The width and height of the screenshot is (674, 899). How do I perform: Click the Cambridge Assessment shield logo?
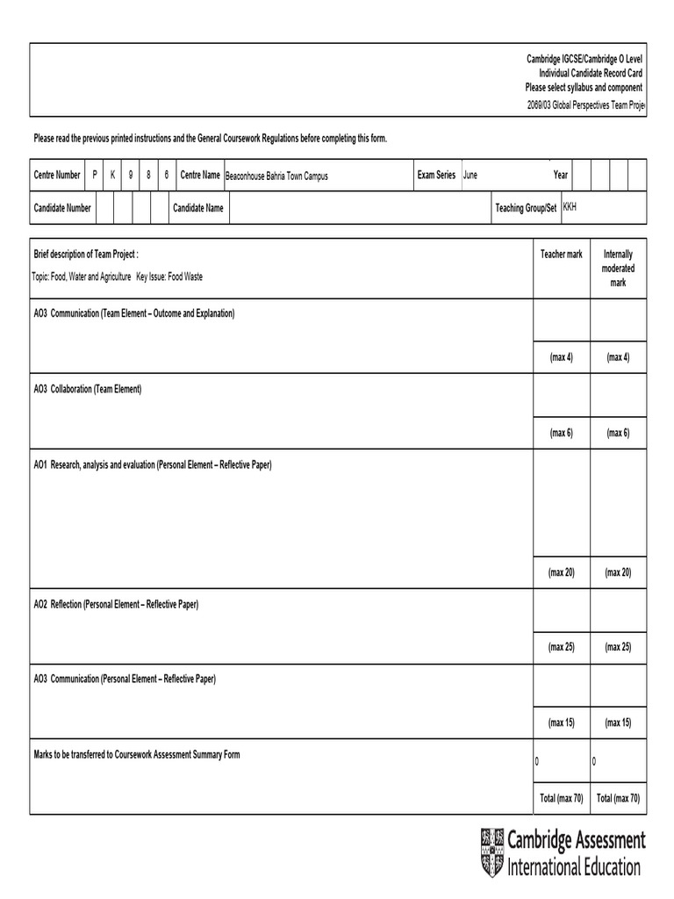point(492,852)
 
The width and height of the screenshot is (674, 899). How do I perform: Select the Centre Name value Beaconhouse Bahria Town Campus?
point(276,176)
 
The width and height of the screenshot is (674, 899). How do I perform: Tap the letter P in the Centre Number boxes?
point(95,176)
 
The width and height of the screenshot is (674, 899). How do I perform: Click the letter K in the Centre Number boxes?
point(112,176)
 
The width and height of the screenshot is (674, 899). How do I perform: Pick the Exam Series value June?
point(470,176)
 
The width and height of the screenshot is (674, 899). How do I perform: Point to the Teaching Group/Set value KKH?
point(570,207)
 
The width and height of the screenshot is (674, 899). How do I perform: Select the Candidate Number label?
point(62,208)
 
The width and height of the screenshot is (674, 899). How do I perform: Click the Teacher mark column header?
point(561,255)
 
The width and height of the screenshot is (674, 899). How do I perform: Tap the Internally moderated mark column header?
point(618,268)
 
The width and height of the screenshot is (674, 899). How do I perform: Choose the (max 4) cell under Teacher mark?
point(561,357)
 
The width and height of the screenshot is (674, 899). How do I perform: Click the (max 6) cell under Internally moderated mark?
point(618,434)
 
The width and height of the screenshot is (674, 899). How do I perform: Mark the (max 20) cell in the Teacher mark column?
point(561,572)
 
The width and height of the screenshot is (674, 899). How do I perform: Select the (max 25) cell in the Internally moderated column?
point(618,647)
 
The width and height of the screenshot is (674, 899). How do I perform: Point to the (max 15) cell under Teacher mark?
point(561,723)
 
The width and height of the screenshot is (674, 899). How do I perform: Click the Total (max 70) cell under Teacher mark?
point(561,798)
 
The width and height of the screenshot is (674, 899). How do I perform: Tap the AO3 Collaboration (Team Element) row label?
point(87,389)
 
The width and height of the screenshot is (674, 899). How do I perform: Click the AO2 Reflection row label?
point(116,605)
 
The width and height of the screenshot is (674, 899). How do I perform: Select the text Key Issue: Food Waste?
point(169,277)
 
